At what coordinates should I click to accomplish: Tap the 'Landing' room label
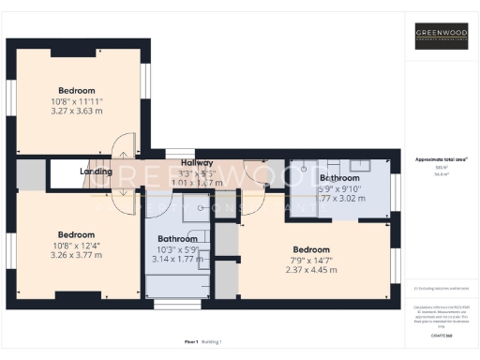97,172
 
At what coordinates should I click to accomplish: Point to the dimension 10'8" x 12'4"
76,245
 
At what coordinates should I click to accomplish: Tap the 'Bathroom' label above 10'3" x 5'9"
177,238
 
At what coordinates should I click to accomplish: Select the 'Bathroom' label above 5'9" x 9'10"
339,177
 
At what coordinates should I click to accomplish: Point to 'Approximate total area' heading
442,159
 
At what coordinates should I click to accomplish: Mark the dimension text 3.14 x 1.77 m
177,259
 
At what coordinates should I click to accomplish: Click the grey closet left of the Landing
31,174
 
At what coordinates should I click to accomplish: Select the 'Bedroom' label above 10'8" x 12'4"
76,234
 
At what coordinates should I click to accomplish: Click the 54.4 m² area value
442,174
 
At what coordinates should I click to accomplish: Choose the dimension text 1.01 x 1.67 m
197,183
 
